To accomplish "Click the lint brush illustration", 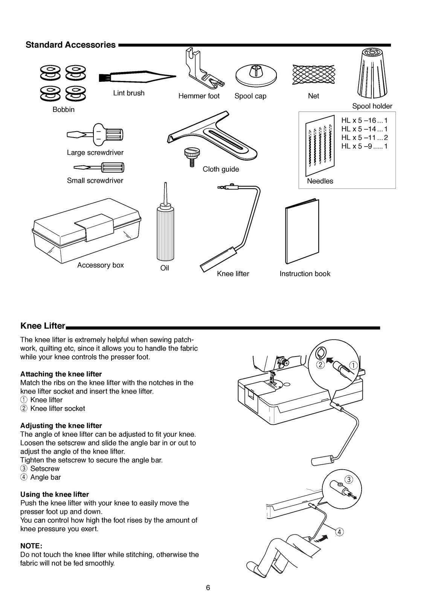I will coord(137,77).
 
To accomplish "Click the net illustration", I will coord(313,73).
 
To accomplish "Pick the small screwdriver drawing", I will coord(100,167).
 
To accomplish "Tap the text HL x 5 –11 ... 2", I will coord(364,138).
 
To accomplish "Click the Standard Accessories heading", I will coord(70,45).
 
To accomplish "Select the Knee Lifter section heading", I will coord(43,326).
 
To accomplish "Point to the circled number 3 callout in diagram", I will coord(349,480).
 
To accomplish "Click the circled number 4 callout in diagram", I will coord(339,532).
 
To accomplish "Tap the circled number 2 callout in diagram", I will coord(321,364).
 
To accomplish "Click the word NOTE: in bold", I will coord(31,546).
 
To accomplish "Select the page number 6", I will coord(208,588).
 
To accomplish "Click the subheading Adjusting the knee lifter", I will coord(61,425).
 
